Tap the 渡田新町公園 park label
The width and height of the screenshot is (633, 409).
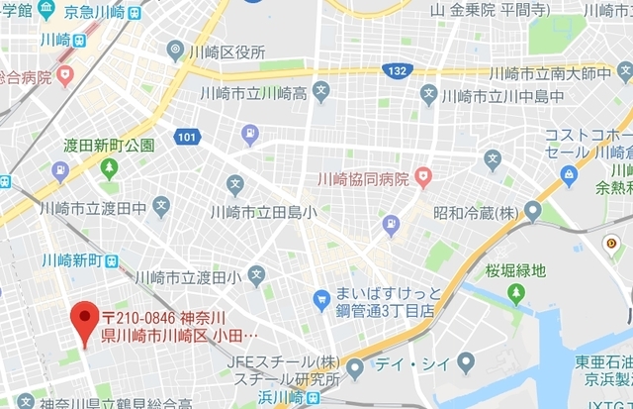click(109, 145)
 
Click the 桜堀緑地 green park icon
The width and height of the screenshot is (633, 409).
click(515, 292)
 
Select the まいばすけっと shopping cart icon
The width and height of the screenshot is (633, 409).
click(320, 298)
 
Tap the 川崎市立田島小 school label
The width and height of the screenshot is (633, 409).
click(262, 211)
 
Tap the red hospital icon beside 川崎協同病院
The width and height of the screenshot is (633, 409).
click(424, 178)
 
